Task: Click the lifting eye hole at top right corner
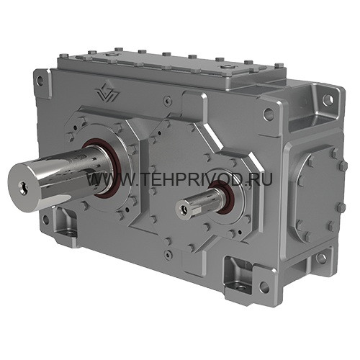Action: [x=328, y=99]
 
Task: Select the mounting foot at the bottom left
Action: [x=65, y=224]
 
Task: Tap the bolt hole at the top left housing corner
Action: [x=40, y=81]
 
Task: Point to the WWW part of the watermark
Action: [x=102, y=180]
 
